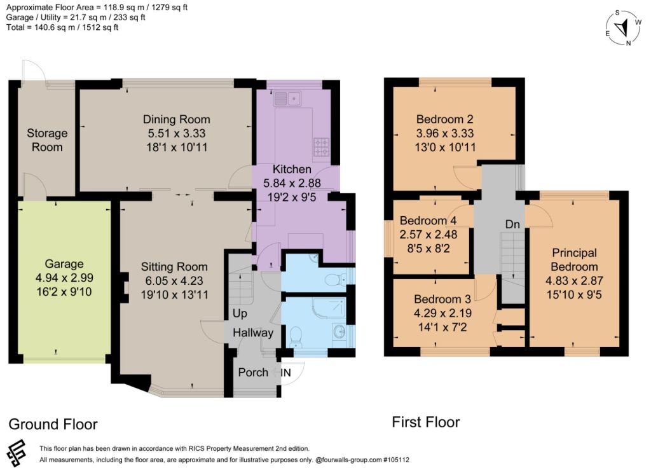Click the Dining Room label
[x=177, y=120]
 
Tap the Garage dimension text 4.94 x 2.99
[x=64, y=278]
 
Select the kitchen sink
[x=287, y=99]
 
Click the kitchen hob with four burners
[x=321, y=148]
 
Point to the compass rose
[x=623, y=28]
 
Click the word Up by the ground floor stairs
[x=240, y=313]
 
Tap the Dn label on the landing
[x=513, y=224]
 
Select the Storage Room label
[x=47, y=140]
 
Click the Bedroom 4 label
[x=428, y=221]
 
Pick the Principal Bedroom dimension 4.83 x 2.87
[x=574, y=280]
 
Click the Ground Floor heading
[x=53, y=424]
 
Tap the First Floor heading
[x=426, y=422]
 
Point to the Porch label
[x=253, y=373]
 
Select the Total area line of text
[x=62, y=27]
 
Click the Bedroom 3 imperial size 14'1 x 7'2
[x=442, y=327]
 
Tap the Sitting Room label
[x=174, y=267]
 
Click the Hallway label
[x=253, y=333]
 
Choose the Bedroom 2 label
[x=444, y=120]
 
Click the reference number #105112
[x=396, y=460]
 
